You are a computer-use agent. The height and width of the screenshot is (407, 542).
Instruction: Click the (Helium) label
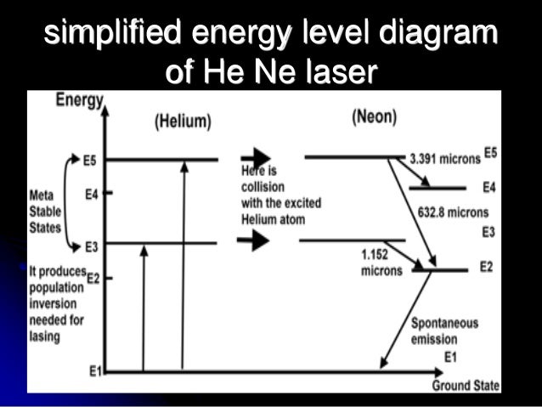click(182, 122)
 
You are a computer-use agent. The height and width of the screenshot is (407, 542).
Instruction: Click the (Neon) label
click(374, 117)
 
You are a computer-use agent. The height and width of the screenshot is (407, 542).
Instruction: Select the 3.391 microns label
click(443, 159)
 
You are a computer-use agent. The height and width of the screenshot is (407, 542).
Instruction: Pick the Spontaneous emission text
click(444, 331)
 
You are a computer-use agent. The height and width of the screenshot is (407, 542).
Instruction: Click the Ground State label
click(466, 386)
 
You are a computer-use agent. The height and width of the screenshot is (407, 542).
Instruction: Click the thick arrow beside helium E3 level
click(253, 241)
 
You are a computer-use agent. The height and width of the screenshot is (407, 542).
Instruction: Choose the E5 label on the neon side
click(490, 154)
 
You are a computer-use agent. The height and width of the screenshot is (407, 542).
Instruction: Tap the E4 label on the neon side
click(488, 187)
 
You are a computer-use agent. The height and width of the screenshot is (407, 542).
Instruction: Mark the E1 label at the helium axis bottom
click(95, 371)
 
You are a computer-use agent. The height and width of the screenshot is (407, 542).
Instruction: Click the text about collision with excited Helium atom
click(271, 193)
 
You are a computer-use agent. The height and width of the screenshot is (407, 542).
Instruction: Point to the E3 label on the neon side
click(488, 232)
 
